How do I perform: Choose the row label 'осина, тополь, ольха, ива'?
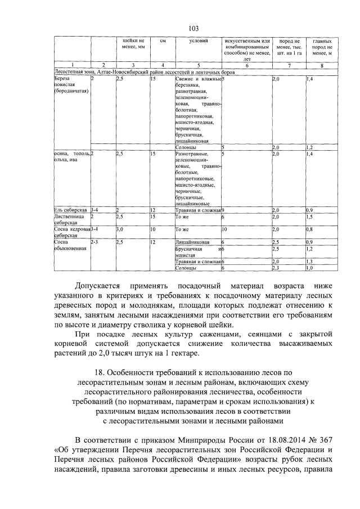[70, 157]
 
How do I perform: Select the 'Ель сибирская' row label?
[70, 210]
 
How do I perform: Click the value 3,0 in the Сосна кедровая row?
[120, 229]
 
